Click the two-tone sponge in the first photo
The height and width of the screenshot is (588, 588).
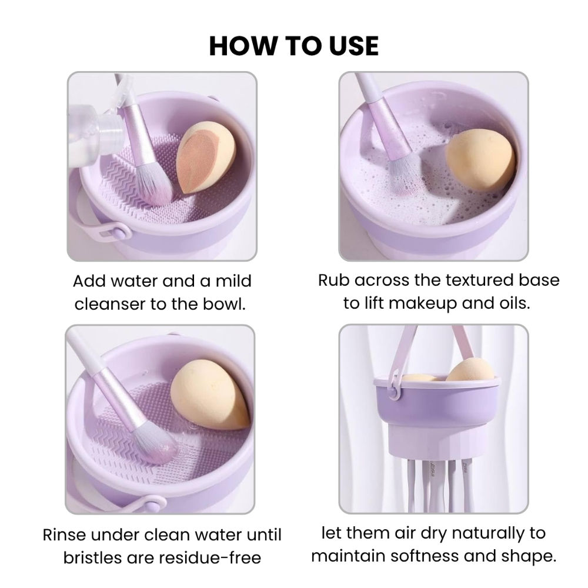(x=206, y=157)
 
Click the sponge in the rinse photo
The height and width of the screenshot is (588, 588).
(x=210, y=395)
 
